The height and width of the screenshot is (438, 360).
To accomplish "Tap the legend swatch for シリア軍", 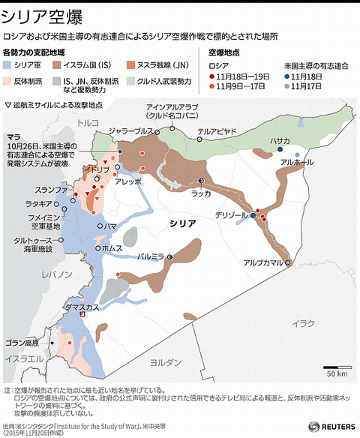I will point(8,66).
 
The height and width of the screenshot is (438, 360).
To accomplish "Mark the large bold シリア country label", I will point(183,223).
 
